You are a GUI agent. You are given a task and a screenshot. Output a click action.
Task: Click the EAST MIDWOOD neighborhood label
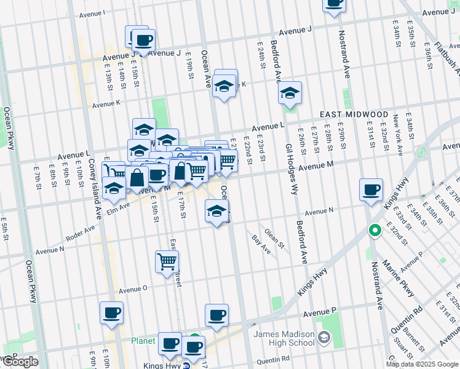[354, 115]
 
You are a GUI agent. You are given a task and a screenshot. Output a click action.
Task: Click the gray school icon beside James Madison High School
[323, 338]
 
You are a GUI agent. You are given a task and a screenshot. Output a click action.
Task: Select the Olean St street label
[274, 239]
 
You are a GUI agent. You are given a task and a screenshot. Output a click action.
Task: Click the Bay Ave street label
[261, 244]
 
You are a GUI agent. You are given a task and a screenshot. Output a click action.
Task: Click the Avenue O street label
[133, 289]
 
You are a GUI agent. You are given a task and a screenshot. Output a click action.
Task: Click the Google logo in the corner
[20, 362]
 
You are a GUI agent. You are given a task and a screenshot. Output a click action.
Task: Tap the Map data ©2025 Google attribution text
[422, 364]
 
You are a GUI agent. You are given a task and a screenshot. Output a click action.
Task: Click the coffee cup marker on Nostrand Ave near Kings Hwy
[371, 190]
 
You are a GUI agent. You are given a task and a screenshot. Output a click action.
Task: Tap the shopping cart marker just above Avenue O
[167, 262]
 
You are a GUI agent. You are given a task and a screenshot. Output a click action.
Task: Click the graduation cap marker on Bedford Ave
[290, 93]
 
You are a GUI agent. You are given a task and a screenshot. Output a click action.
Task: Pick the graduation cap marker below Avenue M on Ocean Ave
[216, 212]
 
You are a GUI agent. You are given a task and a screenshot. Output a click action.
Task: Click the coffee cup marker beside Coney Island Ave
[111, 312]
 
